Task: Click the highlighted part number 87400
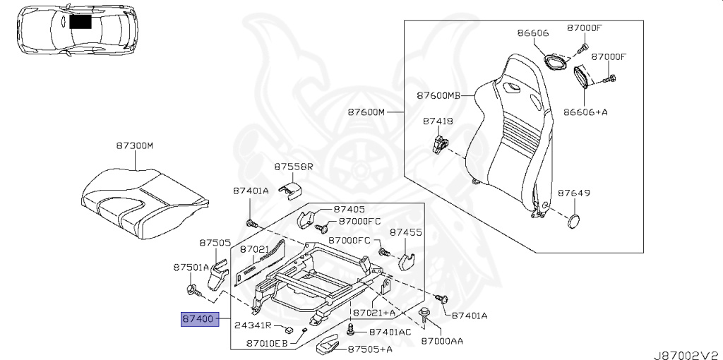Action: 200,318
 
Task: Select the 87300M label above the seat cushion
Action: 135,146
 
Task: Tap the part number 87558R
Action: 294,167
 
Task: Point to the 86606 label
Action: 532,32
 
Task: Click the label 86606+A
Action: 585,112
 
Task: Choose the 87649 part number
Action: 574,193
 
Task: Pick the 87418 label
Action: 438,121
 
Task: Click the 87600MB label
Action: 439,96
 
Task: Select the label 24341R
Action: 253,325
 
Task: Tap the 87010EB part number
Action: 267,343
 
